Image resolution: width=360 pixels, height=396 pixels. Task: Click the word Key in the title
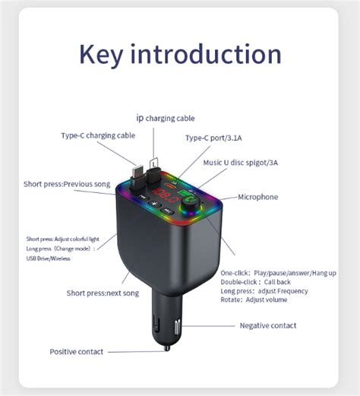(101, 55)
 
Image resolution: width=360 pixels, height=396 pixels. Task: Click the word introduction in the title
(206, 53)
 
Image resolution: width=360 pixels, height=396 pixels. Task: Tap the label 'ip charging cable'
(166, 119)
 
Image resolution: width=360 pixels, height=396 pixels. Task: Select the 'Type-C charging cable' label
(98, 136)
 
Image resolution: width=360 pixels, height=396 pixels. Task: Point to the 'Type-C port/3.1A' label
(213, 138)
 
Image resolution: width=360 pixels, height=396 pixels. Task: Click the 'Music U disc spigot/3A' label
(241, 163)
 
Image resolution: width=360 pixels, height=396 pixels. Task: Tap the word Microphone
(257, 197)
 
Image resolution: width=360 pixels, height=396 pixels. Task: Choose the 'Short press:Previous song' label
(67, 184)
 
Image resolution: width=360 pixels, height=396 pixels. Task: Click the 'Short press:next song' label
(103, 293)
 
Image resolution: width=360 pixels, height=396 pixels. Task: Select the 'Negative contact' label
(268, 325)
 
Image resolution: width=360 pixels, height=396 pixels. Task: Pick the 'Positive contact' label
(77, 352)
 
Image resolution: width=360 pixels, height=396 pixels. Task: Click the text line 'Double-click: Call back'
(255, 282)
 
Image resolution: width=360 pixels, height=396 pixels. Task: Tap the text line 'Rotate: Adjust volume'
(254, 299)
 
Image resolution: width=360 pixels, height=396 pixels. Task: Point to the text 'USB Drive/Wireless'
(48, 258)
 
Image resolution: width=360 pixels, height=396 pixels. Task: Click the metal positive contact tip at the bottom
(167, 348)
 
